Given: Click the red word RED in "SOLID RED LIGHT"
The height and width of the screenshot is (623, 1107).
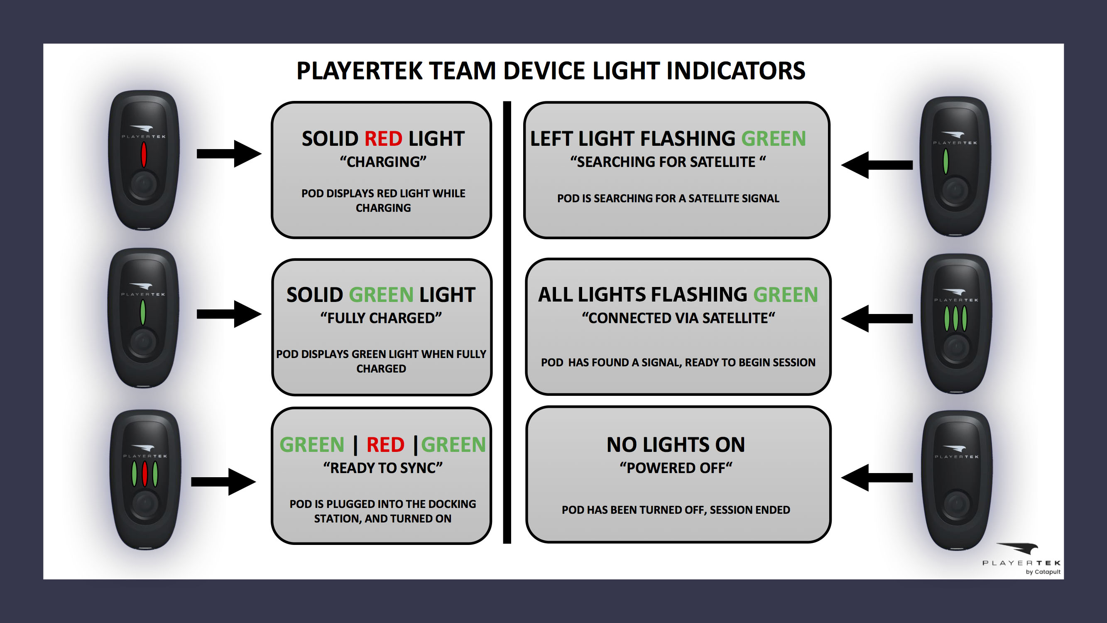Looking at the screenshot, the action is click(383, 139).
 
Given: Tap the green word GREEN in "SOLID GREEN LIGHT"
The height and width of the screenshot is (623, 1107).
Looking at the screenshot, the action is click(381, 295).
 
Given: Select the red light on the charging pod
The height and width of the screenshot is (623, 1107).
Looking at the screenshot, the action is click(144, 155).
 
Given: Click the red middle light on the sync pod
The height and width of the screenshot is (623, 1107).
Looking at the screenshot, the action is click(145, 473).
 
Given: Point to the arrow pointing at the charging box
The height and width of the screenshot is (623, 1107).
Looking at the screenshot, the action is click(229, 154).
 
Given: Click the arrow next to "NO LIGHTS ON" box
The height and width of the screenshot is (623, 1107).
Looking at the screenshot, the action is click(877, 477).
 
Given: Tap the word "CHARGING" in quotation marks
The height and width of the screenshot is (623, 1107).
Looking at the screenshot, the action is click(383, 162).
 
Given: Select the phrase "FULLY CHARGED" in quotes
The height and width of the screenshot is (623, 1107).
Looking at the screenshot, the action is click(381, 318).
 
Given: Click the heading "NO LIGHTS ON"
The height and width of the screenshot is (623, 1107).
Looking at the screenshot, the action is click(676, 444).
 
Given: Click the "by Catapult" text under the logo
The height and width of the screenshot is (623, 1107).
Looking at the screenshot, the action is click(1043, 572).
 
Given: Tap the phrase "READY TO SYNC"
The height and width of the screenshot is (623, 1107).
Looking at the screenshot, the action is click(383, 468).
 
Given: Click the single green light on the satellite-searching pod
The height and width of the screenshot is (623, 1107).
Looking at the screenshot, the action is click(945, 161).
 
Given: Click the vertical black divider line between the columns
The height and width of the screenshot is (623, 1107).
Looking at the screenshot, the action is click(507, 322).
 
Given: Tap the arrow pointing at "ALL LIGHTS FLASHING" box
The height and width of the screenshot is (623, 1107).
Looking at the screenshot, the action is click(877, 319).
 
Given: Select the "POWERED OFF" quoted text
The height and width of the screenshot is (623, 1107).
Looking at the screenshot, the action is click(676, 468).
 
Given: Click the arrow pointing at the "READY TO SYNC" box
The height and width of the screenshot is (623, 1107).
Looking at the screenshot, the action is click(223, 481).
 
